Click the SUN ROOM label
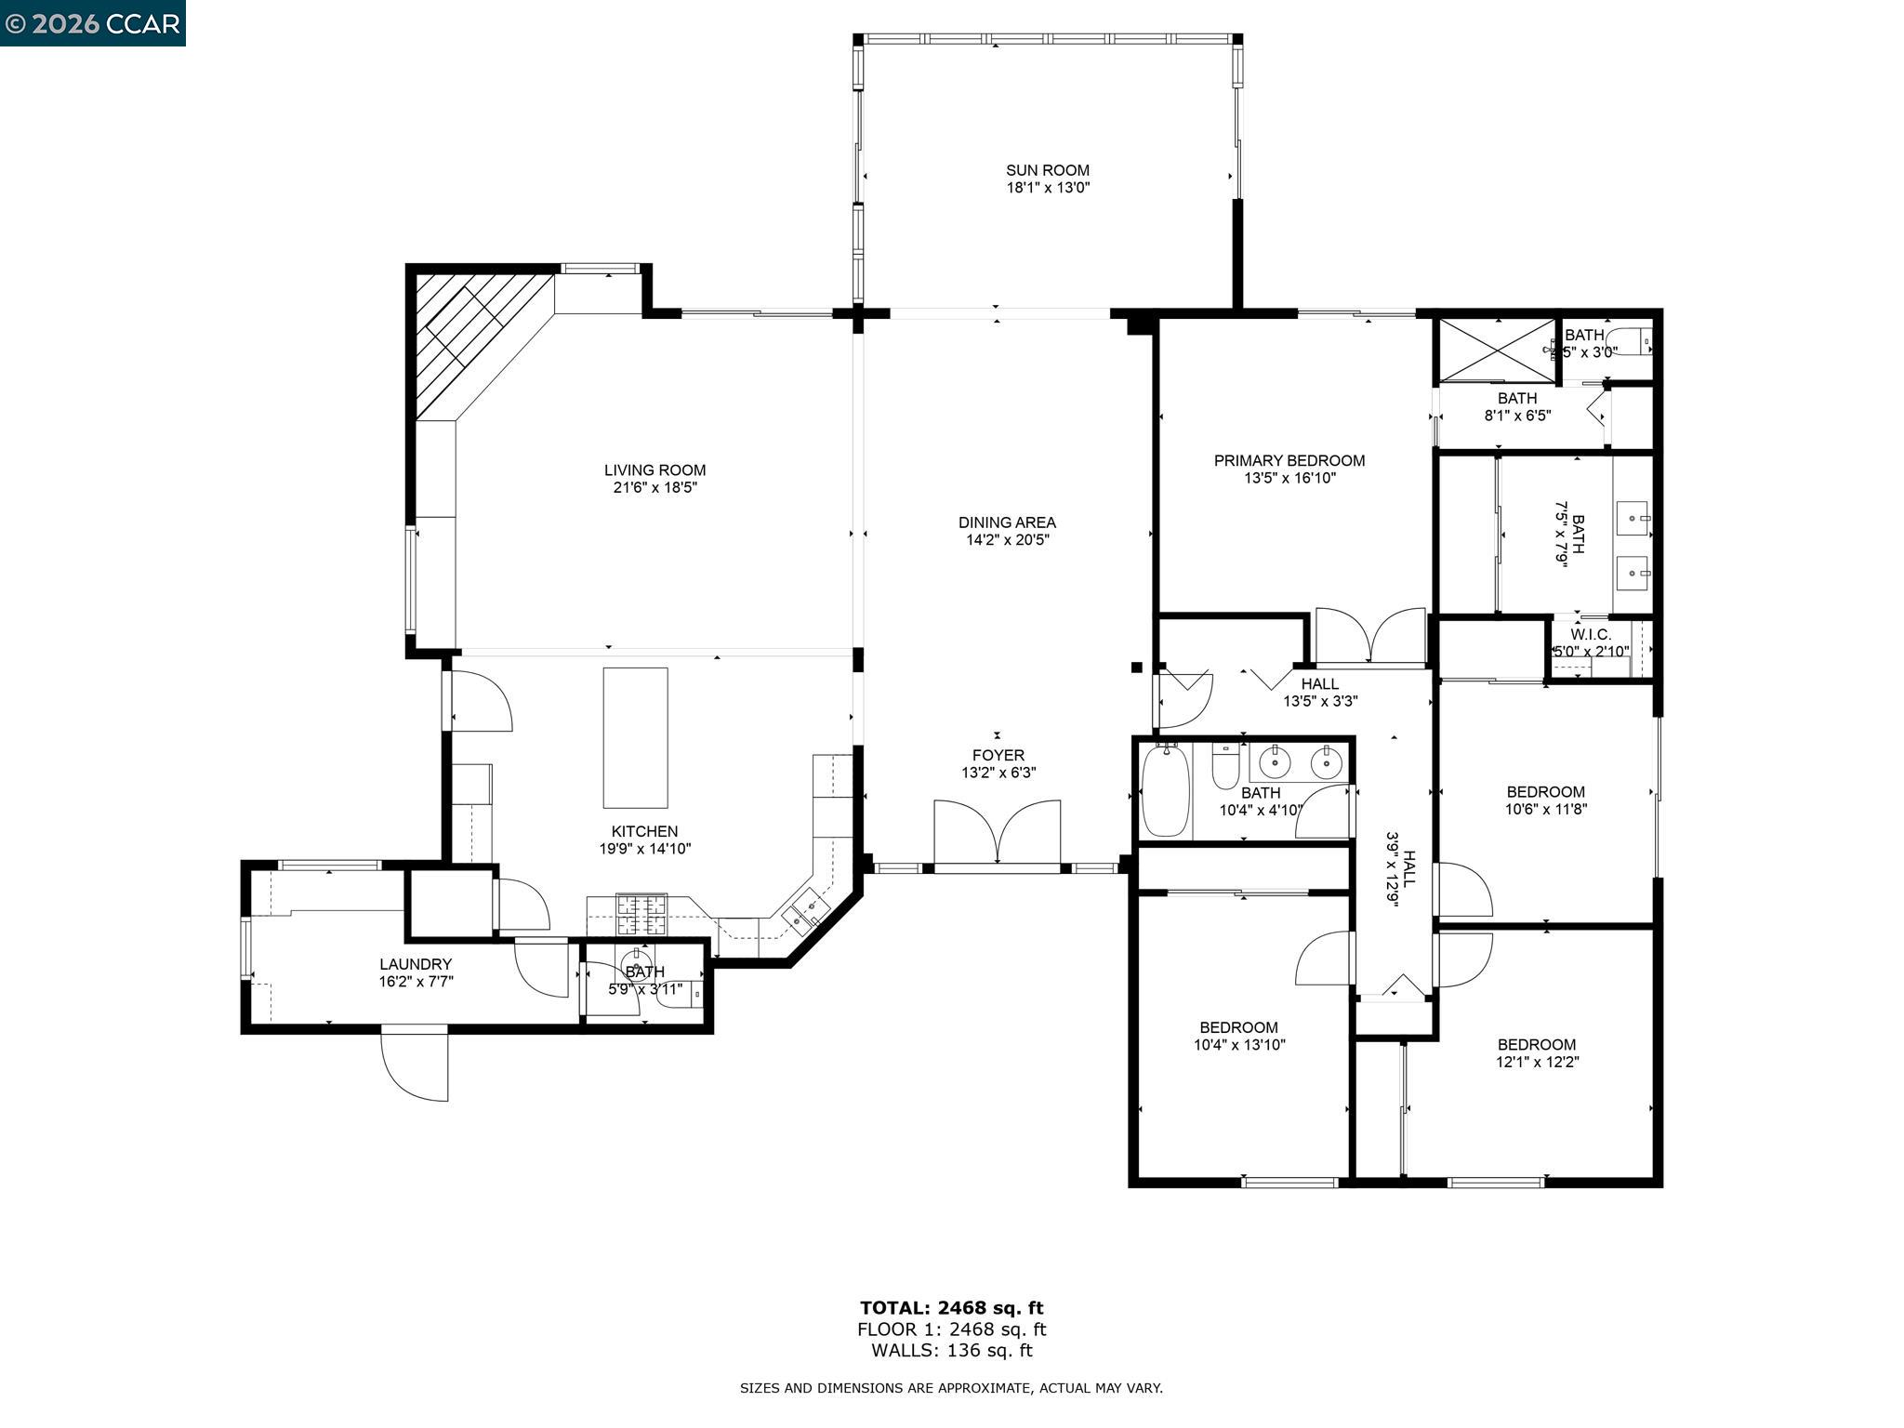pyautogui.click(x=1047, y=170)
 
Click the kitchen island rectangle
pyautogui.click(x=635, y=737)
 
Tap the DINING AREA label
pyautogui.click(x=1007, y=522)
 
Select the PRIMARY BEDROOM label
pyautogui.click(x=1289, y=460)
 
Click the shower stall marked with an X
pyautogui.click(x=1496, y=350)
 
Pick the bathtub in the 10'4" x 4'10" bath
pyautogui.click(x=1165, y=791)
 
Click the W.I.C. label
pyautogui.click(x=1590, y=634)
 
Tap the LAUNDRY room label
pyautogui.click(x=415, y=964)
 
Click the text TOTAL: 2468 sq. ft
pyautogui.click(x=951, y=1308)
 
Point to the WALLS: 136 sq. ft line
pyautogui.click(x=951, y=1351)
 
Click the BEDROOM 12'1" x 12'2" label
pyautogui.click(x=1537, y=1044)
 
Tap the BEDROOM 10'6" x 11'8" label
pyautogui.click(x=1545, y=792)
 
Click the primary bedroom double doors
pyautogui.click(x=1371, y=637)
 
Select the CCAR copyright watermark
pyautogui.click(x=92, y=22)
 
